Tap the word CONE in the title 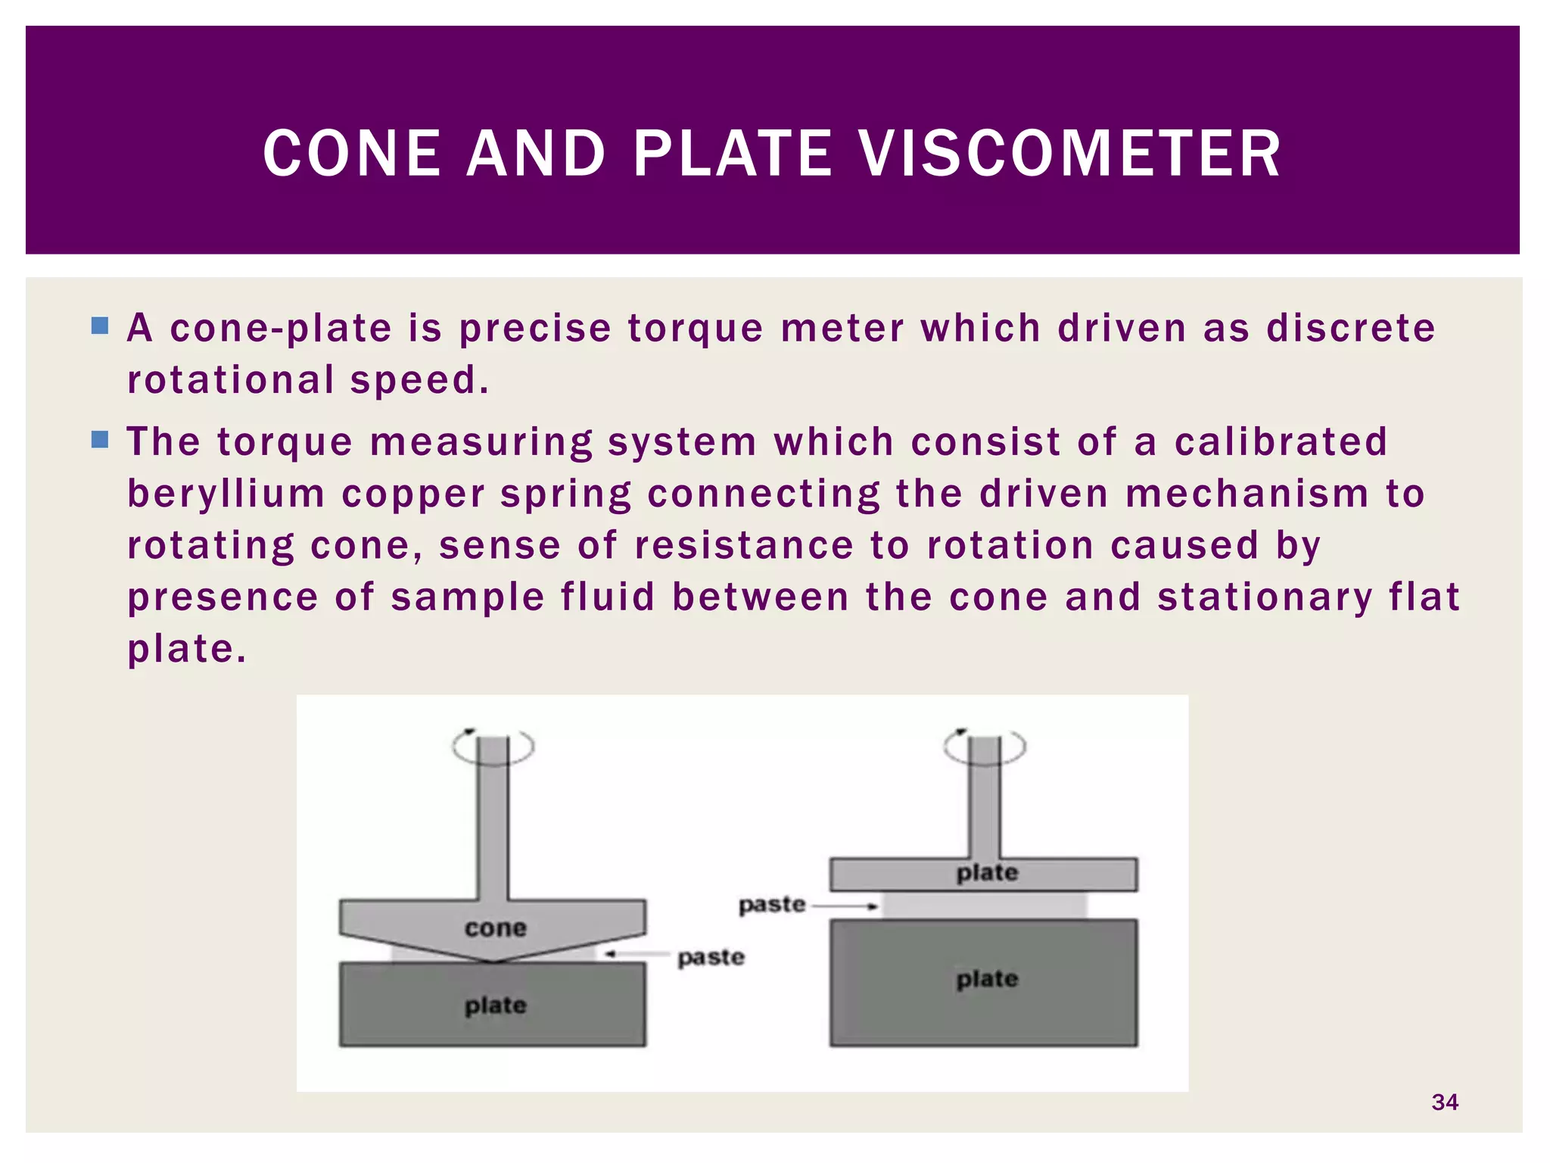(x=352, y=154)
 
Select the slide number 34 (x=1445, y=1102)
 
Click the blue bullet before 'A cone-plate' (x=100, y=326)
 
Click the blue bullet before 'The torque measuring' (x=100, y=440)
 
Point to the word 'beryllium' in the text (x=226, y=494)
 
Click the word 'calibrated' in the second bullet (x=1281, y=441)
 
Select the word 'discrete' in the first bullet (x=1351, y=329)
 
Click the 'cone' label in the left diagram (x=495, y=928)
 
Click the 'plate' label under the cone (x=495, y=1006)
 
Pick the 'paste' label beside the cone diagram (x=711, y=957)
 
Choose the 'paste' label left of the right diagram (x=771, y=905)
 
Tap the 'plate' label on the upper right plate (x=987, y=873)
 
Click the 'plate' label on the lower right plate (x=987, y=979)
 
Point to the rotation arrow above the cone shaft (x=493, y=747)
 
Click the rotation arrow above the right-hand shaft (x=984, y=746)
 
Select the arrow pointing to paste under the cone (x=636, y=954)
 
